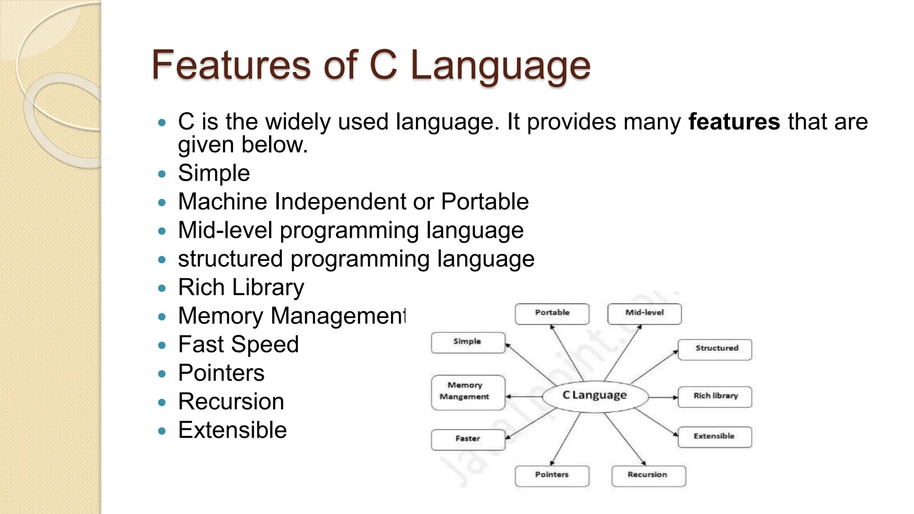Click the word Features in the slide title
click(231, 65)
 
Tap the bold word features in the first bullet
click(734, 122)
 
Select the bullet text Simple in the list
click(214, 173)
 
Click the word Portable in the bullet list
click(485, 202)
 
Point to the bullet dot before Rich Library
click(162, 288)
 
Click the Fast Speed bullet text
click(238, 344)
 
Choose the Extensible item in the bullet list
click(232, 430)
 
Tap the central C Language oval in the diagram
click(595, 396)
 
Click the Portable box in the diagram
click(552, 313)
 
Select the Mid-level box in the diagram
click(644, 313)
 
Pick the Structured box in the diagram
click(715, 349)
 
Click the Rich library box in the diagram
click(715, 396)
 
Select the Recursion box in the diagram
click(648, 475)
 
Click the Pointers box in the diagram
click(552, 475)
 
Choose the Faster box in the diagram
click(468, 439)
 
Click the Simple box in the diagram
click(468, 342)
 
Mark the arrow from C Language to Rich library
click(663, 397)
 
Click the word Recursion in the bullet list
click(231, 402)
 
